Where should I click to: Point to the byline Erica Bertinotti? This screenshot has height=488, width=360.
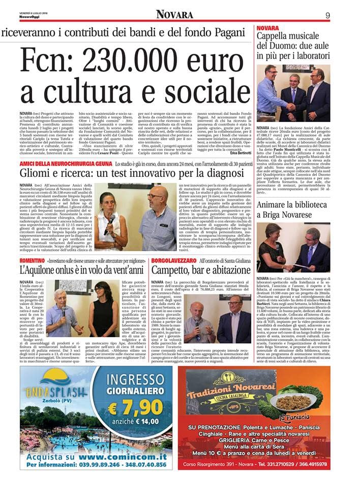point(240,153)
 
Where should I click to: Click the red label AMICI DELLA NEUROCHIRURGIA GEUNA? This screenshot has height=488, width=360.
point(65,165)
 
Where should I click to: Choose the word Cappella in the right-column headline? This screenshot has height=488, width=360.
point(277,36)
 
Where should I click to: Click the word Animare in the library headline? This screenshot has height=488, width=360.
point(275,205)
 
